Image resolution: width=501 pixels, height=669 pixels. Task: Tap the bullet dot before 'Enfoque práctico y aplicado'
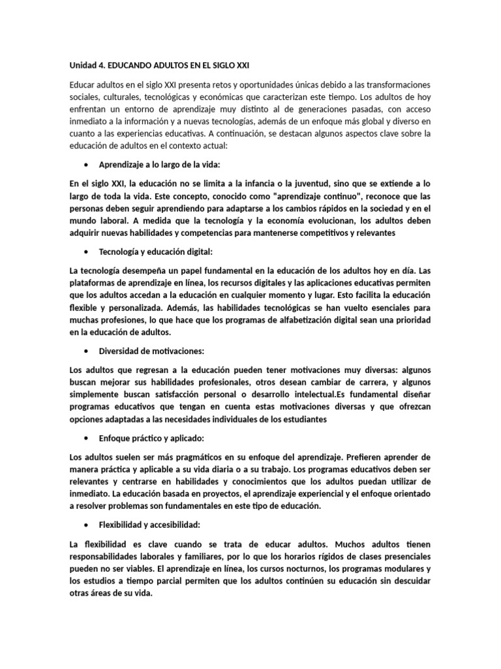click(x=87, y=438)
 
